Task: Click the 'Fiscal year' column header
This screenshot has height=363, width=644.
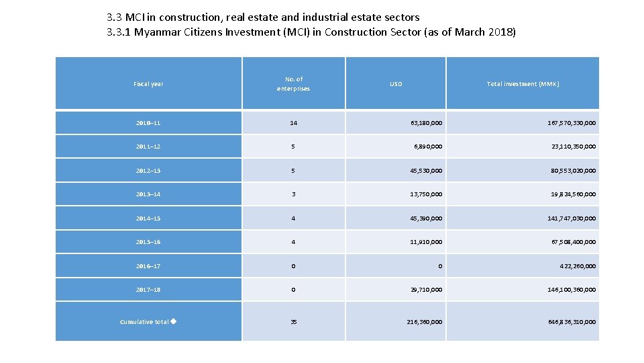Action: pyautogui.click(x=148, y=84)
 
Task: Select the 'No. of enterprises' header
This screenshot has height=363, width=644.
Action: pyautogui.click(x=293, y=84)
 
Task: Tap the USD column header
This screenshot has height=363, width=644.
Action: pyautogui.click(x=396, y=84)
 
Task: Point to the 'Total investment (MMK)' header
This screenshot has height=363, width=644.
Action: pyautogui.click(x=523, y=84)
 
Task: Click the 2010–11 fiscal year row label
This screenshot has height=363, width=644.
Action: pyautogui.click(x=148, y=123)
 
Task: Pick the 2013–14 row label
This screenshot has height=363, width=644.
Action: pyautogui.click(x=148, y=194)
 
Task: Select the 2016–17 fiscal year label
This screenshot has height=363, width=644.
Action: pyautogui.click(x=148, y=266)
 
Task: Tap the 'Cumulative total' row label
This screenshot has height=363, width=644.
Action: pyautogui.click(x=144, y=322)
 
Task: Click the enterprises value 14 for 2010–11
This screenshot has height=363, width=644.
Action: pyautogui.click(x=293, y=123)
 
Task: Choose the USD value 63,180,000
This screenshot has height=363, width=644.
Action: pyautogui.click(x=426, y=123)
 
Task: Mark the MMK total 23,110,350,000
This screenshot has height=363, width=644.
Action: pyautogui.click(x=573, y=147)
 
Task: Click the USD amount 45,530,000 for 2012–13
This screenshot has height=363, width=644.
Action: pyautogui.click(x=426, y=171)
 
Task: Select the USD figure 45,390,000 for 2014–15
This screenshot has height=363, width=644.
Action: pyautogui.click(x=426, y=218)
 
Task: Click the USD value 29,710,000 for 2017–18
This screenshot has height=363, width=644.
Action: pyautogui.click(x=426, y=290)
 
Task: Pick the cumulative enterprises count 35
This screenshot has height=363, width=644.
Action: pyautogui.click(x=293, y=322)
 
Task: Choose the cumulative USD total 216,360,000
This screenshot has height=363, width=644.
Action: pyautogui.click(x=425, y=322)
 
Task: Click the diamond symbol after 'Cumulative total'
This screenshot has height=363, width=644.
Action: pyautogui.click(x=173, y=321)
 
